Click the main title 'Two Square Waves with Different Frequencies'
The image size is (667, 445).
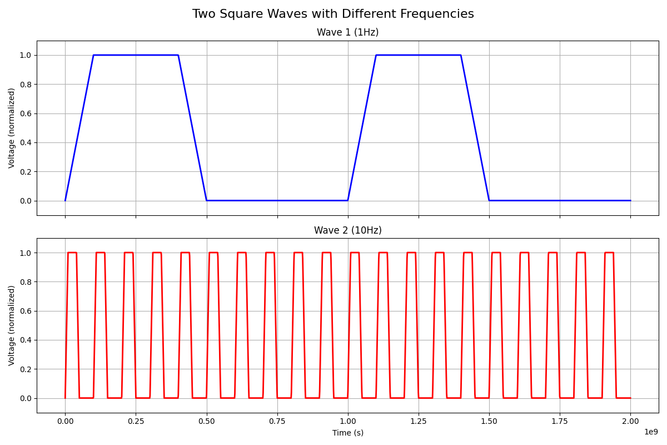coord(333,14)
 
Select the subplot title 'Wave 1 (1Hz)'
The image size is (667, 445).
coord(347,32)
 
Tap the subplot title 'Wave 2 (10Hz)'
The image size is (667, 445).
coord(347,230)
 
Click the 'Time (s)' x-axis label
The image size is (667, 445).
coord(347,433)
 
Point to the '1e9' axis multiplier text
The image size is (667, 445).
coord(651,432)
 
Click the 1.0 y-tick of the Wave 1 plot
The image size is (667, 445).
coord(26,55)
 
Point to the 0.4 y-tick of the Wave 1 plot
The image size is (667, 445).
coord(26,142)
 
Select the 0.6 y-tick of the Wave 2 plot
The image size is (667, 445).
coord(26,311)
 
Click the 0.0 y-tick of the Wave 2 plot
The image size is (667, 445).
coord(26,398)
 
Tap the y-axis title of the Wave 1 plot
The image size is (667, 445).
coord(12,128)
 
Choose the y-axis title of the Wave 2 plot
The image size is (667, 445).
coord(12,325)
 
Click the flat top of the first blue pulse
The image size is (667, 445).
coord(136,55)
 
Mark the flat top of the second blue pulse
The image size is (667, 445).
coord(418,55)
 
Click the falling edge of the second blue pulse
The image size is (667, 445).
coord(475,128)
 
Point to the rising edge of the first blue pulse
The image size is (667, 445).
coord(79,128)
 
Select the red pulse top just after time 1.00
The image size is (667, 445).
coord(355,253)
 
